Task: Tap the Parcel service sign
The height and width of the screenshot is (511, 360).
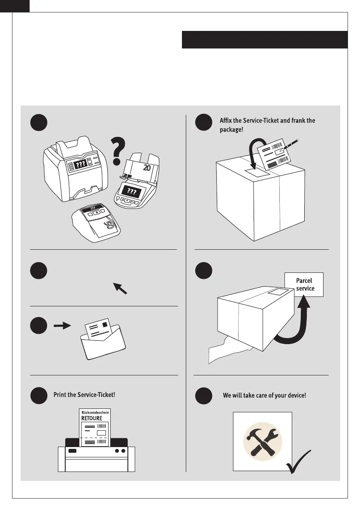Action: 305,284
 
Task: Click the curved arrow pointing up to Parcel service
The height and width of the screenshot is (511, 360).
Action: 296,326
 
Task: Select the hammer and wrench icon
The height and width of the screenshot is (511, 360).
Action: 262,442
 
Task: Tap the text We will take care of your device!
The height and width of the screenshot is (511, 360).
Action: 264,395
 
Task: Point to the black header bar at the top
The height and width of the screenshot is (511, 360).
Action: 264,39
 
